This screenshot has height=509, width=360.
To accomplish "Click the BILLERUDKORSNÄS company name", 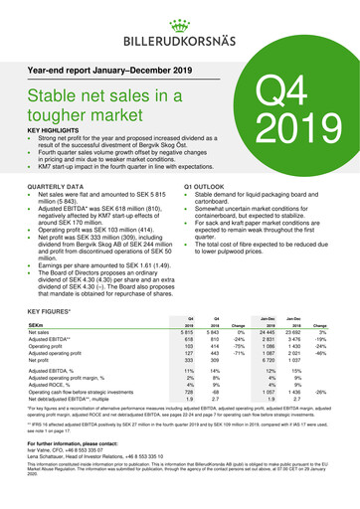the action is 180,41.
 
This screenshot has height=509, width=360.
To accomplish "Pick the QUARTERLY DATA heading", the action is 56,187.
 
